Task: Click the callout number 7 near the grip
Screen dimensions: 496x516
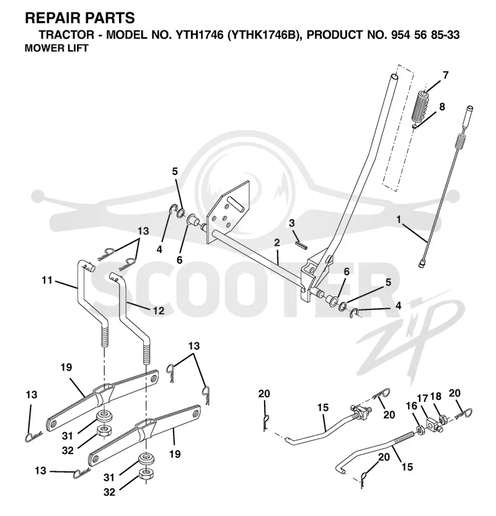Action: pyautogui.click(x=445, y=76)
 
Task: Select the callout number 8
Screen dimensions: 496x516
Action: pyautogui.click(x=441, y=107)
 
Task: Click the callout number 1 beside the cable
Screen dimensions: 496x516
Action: pyautogui.click(x=399, y=220)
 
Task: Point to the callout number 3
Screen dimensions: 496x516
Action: pyautogui.click(x=292, y=223)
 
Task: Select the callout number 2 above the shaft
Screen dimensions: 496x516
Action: pyautogui.click(x=277, y=243)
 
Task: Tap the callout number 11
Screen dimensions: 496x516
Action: pyautogui.click(x=47, y=280)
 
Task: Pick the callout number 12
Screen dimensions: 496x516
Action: pyautogui.click(x=159, y=310)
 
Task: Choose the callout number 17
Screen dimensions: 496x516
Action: pyautogui.click(x=423, y=399)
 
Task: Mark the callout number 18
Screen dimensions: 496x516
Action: pyautogui.click(x=436, y=396)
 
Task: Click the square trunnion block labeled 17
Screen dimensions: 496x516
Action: pyautogui.click(x=433, y=424)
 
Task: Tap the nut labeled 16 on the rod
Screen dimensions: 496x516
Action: pyautogui.click(x=420, y=430)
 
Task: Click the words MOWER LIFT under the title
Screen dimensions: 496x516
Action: pyautogui.click(x=56, y=48)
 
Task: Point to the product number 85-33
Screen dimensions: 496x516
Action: pyautogui.click(x=444, y=35)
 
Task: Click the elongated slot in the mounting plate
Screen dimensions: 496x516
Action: pyautogui.click(x=235, y=204)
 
